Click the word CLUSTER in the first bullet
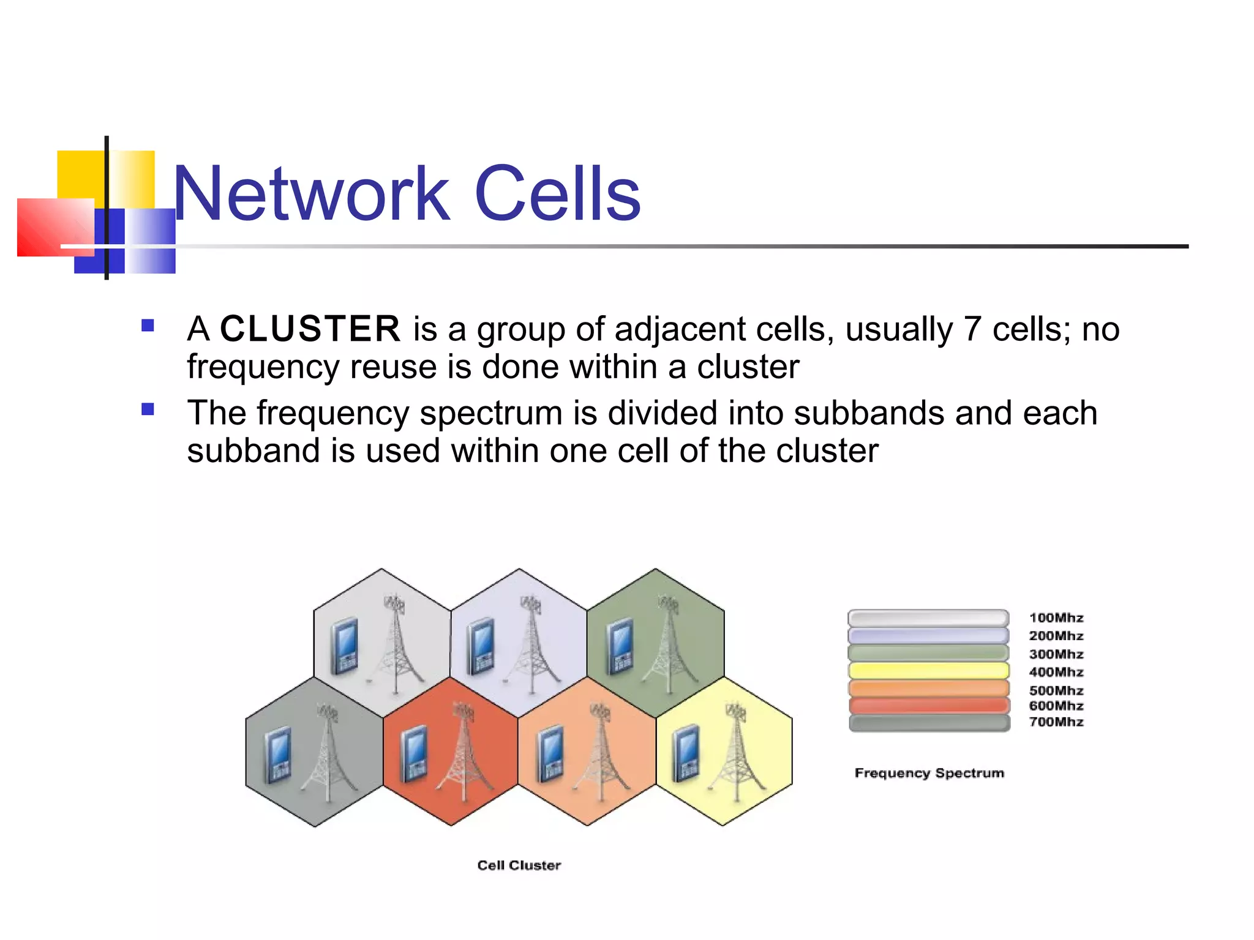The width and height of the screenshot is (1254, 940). tap(310, 329)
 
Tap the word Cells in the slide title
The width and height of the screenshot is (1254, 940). tap(557, 194)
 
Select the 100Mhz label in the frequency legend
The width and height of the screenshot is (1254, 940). tap(1056, 618)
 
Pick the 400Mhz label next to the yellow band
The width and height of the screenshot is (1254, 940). tap(1056, 672)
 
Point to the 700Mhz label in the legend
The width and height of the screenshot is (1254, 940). tap(1056, 722)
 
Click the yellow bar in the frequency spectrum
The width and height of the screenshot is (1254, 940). tap(928, 671)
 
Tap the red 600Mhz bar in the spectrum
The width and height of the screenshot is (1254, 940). tap(928, 706)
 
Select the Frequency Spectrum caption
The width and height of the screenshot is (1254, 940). tap(929, 773)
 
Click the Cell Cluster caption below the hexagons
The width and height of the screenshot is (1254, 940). tap(519, 865)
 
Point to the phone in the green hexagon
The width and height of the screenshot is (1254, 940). tap(620, 646)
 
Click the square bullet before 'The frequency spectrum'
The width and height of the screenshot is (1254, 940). tap(148, 409)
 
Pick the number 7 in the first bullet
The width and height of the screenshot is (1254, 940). tap(972, 329)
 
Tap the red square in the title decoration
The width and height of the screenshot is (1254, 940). tap(55, 227)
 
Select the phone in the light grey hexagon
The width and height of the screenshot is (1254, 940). tap(344, 647)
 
